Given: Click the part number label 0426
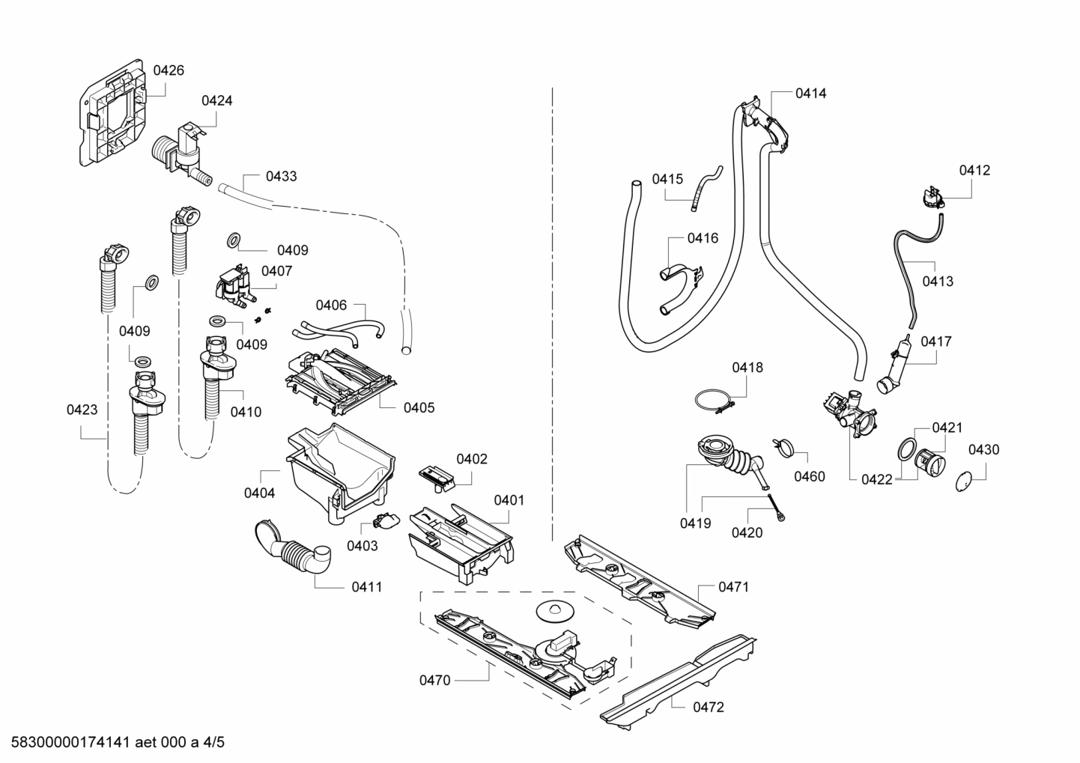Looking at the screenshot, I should (x=169, y=70).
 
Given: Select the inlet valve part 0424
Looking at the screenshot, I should (x=180, y=150).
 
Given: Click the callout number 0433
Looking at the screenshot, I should (x=281, y=177).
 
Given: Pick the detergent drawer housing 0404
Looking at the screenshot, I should (x=337, y=468).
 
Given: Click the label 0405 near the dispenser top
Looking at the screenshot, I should (x=419, y=408).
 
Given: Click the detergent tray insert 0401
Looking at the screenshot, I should (x=461, y=539).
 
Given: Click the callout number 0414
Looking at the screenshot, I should (x=810, y=94).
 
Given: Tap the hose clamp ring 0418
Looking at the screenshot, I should (x=712, y=400).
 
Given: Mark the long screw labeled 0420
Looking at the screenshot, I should (x=775, y=505).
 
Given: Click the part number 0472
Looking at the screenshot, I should (x=708, y=707).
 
